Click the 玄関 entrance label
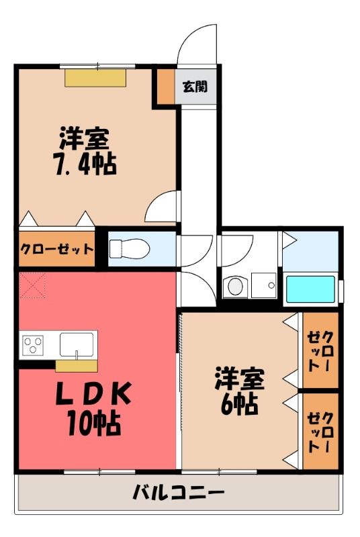pyautogui.click(x=195, y=87)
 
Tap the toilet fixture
pyautogui.click(x=130, y=248)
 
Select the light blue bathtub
pyautogui.click(x=310, y=289)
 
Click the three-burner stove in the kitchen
pyautogui.click(x=33, y=345)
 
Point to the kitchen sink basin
pyautogui.click(x=77, y=344)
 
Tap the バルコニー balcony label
pyautogui.click(x=179, y=493)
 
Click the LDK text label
pyautogui.click(x=93, y=393)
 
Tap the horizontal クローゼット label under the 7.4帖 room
pyautogui.click(x=56, y=249)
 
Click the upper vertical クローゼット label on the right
pyautogui.click(x=320, y=351)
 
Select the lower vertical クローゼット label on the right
pyautogui.click(x=320, y=432)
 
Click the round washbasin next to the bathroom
pyautogui.click(x=235, y=287)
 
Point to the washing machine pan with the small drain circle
pyautogui.click(x=264, y=285)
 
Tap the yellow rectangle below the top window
pyautogui.click(x=95, y=78)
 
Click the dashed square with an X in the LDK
pyautogui.click(x=32, y=285)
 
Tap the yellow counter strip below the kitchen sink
pyautogui.click(x=77, y=366)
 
